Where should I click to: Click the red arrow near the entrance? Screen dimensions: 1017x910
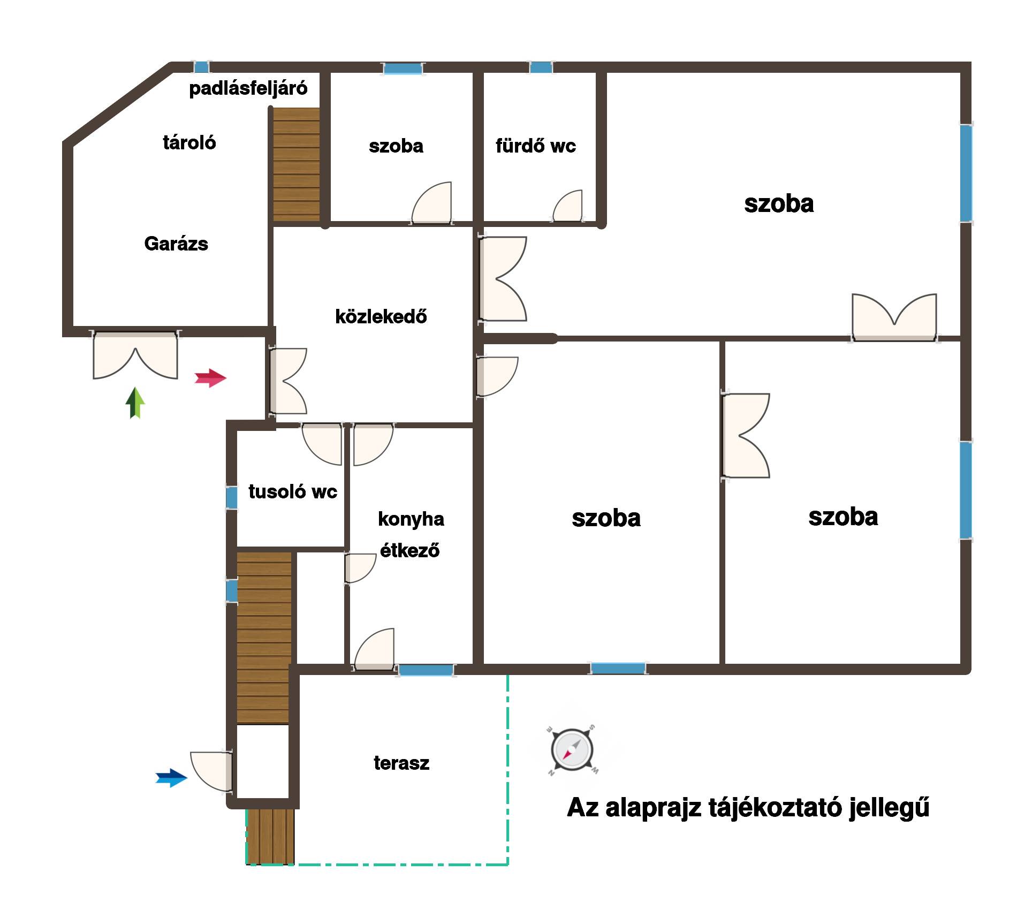(x=210, y=378)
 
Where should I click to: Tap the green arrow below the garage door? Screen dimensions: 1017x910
(x=135, y=403)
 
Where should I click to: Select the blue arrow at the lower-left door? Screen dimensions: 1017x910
(x=171, y=778)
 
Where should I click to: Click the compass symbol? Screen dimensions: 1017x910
(x=572, y=750)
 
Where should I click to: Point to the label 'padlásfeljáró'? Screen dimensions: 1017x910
(x=248, y=88)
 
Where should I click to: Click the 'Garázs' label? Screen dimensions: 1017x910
(x=176, y=244)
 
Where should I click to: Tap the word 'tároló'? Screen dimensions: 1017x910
(x=189, y=142)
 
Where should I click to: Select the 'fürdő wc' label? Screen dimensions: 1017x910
(x=536, y=146)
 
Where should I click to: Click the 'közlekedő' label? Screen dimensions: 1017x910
(x=381, y=316)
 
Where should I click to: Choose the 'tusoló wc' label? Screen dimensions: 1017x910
(x=293, y=491)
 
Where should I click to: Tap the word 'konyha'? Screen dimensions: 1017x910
(x=411, y=519)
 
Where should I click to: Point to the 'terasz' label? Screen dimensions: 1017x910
(x=401, y=763)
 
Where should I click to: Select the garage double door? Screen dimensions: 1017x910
(x=135, y=355)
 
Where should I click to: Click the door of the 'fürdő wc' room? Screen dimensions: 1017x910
(x=567, y=206)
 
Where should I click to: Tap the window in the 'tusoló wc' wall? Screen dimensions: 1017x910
(x=231, y=497)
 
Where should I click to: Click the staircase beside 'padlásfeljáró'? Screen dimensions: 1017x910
(x=297, y=164)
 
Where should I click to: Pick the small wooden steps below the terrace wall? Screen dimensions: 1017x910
(x=270, y=836)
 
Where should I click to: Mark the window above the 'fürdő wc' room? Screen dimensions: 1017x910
(x=541, y=67)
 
